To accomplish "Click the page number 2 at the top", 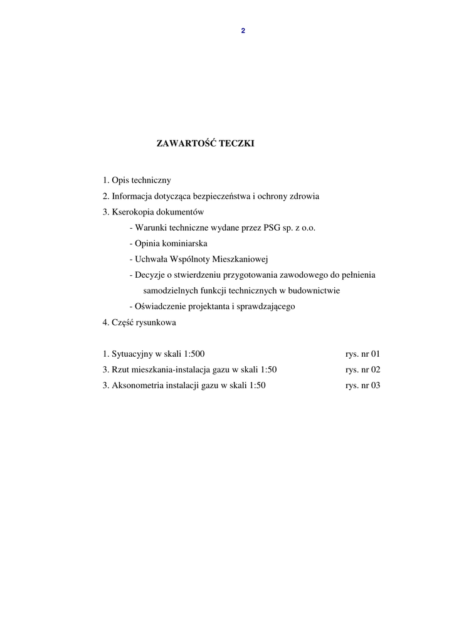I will click(x=243, y=31).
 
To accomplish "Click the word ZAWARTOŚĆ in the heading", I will click(x=186, y=144).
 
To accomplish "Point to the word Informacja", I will click(x=132, y=196).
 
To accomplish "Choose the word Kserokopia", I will click(x=134, y=212).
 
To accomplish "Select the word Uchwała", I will click(x=150, y=259).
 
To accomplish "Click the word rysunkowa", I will click(x=154, y=323).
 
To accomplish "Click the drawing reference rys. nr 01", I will click(x=362, y=354).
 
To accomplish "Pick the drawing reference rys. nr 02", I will click(x=362, y=370).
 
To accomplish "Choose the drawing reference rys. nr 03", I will click(x=362, y=386).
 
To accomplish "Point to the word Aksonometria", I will click(x=138, y=386).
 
